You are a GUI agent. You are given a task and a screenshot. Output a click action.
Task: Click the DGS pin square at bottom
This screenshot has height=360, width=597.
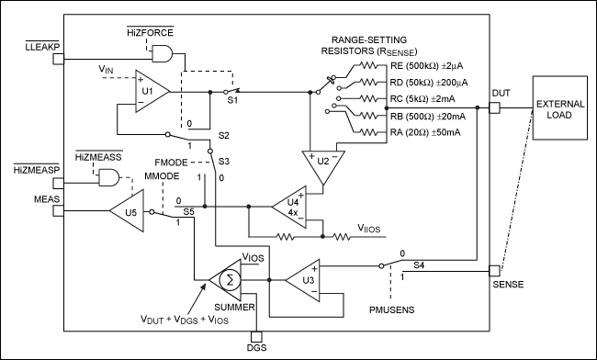point(256,336)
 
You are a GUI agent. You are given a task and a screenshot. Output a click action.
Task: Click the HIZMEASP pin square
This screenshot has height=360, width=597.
point(58,180)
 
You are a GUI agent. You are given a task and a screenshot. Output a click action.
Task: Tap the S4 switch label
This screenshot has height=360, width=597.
point(419,265)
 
